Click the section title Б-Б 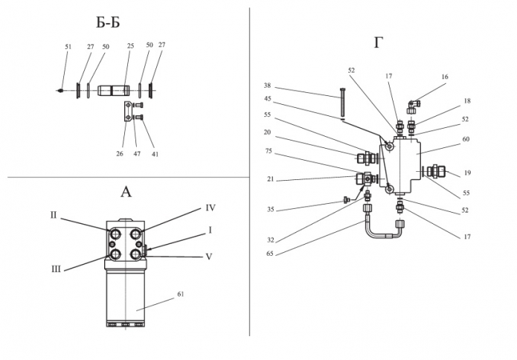click(x=108, y=23)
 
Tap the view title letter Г click(x=379, y=42)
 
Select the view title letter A click(x=126, y=192)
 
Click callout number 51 click(x=68, y=47)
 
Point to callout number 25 click(x=131, y=45)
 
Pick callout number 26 click(x=119, y=154)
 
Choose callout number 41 click(x=155, y=154)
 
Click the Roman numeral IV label click(x=211, y=208)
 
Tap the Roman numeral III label click(x=56, y=269)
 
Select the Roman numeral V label click(x=209, y=257)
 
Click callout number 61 click(x=180, y=294)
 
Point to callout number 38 click(x=267, y=86)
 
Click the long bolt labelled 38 click(x=341, y=102)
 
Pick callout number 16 click(x=445, y=77)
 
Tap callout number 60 click(x=466, y=139)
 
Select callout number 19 click(x=468, y=173)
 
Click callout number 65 click(x=270, y=254)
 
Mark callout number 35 click(x=270, y=209)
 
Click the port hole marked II click(x=116, y=234)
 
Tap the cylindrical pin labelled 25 click(x=113, y=91)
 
